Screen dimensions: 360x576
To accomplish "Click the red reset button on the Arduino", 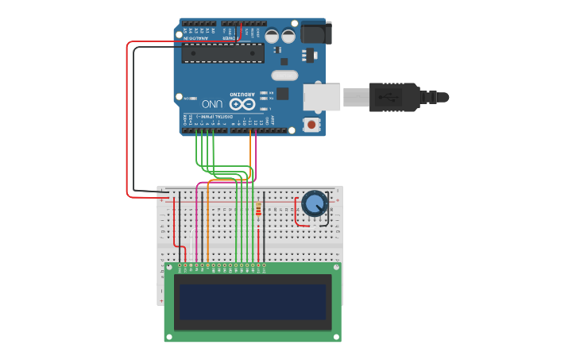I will point(312,124).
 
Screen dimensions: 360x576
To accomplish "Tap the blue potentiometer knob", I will point(315,203).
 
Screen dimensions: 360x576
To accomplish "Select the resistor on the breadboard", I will point(258,210).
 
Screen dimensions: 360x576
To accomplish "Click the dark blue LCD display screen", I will point(253,302).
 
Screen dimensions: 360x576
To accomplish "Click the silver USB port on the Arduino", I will point(321,97).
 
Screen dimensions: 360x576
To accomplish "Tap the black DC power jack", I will point(316,33).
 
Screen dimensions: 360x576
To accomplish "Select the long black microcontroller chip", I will point(222,53).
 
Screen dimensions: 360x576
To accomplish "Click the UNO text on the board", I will point(211,103).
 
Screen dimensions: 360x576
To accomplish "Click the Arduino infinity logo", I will point(242,104).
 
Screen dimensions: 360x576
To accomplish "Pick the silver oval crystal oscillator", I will point(284,76).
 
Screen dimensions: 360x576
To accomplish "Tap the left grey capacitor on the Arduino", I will point(273,36).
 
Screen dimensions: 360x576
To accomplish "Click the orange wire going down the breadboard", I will point(207,223).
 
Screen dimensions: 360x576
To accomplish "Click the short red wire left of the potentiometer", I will point(296,215).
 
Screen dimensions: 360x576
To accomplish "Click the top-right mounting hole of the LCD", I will point(335,269).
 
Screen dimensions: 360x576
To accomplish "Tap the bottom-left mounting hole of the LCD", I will point(169,336).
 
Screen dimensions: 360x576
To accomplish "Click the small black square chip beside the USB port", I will point(283,94).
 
